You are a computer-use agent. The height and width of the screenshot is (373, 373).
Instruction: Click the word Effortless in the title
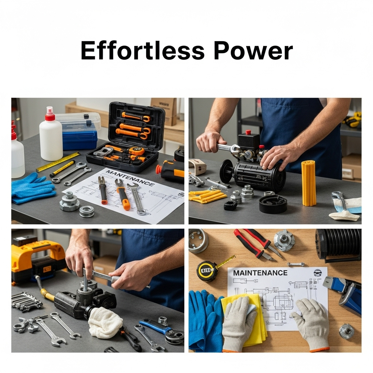(x=143, y=51)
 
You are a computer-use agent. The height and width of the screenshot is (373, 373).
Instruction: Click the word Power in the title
(x=254, y=51)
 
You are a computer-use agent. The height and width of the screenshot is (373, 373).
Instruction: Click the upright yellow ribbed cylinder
(x=309, y=183)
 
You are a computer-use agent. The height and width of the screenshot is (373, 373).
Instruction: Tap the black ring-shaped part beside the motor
(x=272, y=204)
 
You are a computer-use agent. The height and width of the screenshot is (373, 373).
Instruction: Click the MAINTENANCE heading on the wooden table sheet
(x=260, y=273)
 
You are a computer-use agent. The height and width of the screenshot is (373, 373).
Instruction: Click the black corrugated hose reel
(x=338, y=245)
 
